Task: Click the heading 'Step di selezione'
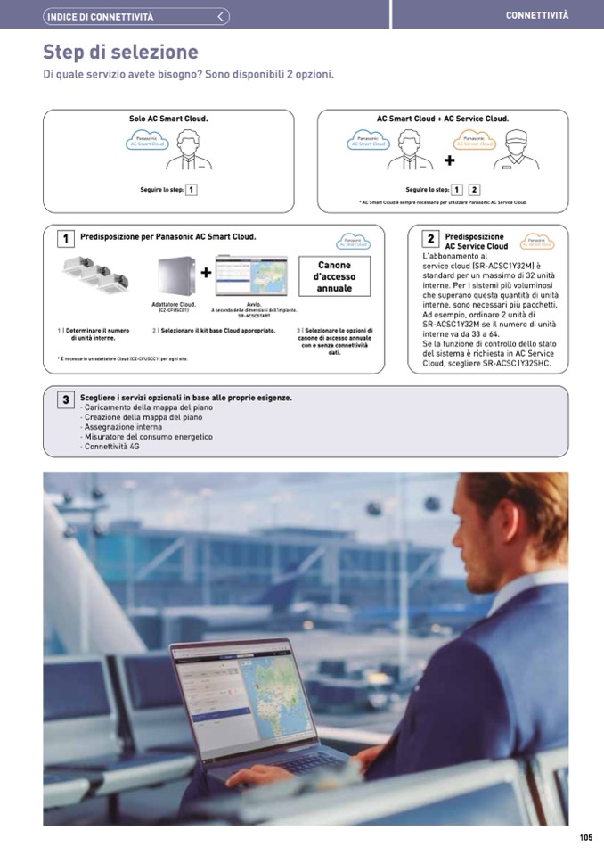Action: (120, 53)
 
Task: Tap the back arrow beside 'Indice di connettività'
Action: (222, 16)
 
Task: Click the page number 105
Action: (585, 837)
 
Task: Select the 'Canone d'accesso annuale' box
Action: (334, 276)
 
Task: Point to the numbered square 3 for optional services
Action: (65, 400)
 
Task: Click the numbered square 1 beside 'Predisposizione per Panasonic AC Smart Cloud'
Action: (65, 239)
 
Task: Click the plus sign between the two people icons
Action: (449, 160)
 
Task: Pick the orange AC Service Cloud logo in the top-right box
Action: (474, 141)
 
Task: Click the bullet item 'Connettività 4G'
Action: (110, 447)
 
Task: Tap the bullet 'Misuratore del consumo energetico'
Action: (147, 437)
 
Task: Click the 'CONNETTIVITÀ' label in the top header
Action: (536, 15)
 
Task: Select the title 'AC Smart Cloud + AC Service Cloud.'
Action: (443, 119)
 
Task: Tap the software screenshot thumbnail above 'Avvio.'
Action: (251, 276)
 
